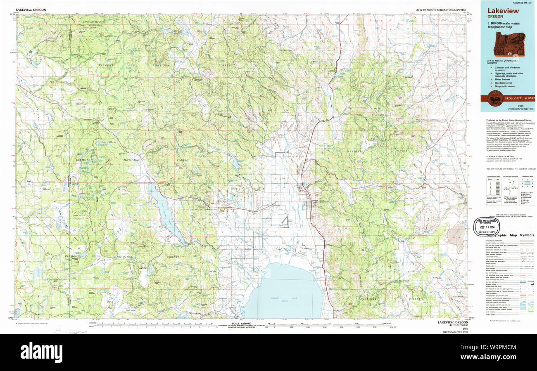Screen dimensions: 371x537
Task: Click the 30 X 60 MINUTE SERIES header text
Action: click(441, 9)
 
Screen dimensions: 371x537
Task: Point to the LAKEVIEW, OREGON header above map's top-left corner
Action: click(31, 9)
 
